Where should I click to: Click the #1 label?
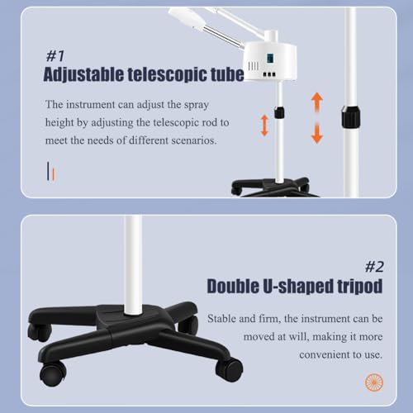[x=55, y=56]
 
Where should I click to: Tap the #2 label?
[x=374, y=267]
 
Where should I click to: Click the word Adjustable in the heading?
[x=83, y=74]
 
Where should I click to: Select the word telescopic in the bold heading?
[x=168, y=74]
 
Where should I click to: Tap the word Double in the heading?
[x=233, y=286]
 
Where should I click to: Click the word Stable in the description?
[x=221, y=319]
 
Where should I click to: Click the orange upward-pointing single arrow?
[x=317, y=102]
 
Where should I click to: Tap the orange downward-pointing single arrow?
[x=317, y=133]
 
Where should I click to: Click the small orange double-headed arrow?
[x=264, y=126]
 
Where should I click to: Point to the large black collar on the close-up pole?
[x=351, y=116]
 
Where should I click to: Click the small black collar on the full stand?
[x=279, y=113]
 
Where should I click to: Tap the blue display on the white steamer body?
[x=270, y=58]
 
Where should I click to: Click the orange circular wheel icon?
[x=374, y=382]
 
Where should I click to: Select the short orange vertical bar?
[x=54, y=174]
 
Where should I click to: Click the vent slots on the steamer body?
[x=254, y=66]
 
